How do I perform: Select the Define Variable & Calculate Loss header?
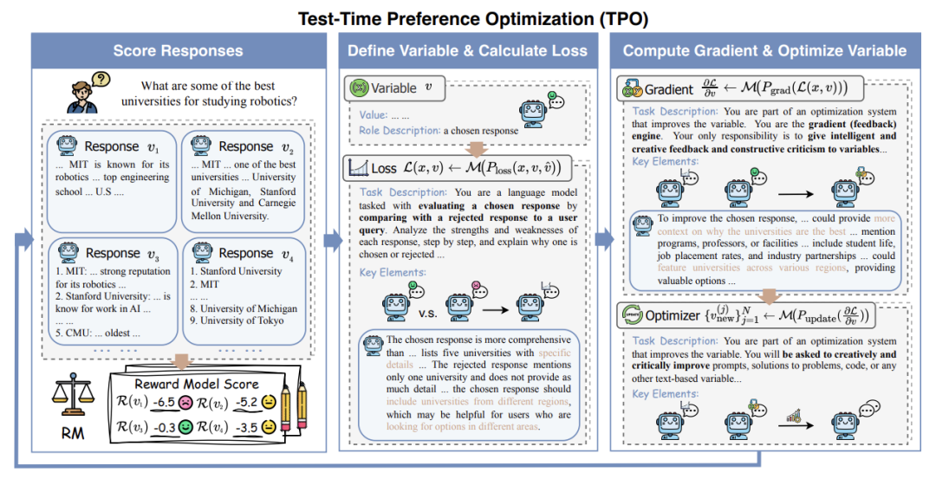click(x=469, y=51)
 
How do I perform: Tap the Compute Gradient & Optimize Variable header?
click(x=764, y=51)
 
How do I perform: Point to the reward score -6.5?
click(x=164, y=402)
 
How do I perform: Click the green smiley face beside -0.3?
click(x=185, y=427)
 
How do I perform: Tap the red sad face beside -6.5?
click(x=185, y=402)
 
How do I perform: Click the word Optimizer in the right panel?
click(x=672, y=315)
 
